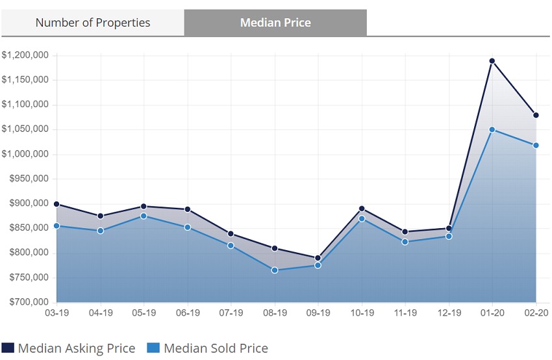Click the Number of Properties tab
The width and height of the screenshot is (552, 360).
coord(92,23)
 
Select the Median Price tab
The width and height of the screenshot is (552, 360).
coord(275,23)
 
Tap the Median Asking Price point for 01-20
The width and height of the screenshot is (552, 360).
coord(492,61)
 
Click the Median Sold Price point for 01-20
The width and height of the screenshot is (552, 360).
coord(492,130)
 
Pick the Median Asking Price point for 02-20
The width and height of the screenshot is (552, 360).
coord(536,115)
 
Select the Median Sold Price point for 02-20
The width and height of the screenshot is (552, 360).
coord(536,145)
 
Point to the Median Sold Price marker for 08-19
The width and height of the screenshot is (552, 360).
coord(275,270)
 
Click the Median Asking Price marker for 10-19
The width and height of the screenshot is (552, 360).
coord(362,209)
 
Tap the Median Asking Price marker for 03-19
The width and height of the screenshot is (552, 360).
coord(56,204)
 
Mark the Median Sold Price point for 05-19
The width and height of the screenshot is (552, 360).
coord(144,216)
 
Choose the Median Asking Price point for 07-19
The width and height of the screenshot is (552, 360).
coord(231,234)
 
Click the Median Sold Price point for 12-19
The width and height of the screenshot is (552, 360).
coord(449,236)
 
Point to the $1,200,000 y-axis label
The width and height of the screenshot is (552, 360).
coord(25,55)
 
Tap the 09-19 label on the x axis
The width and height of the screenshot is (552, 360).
coord(318,313)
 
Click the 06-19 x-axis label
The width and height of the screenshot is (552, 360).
coord(187,313)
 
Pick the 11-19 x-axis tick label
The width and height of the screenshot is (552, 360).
coord(405,313)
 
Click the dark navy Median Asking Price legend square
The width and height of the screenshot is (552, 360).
coord(8,348)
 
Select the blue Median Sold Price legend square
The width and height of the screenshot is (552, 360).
coord(153,348)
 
